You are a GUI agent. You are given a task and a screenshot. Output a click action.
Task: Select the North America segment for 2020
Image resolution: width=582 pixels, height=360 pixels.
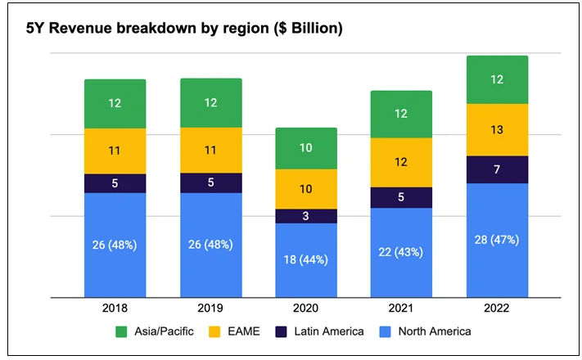coord(306,260)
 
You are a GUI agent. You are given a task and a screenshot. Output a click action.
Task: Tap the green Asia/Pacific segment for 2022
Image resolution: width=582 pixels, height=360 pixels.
coord(497,79)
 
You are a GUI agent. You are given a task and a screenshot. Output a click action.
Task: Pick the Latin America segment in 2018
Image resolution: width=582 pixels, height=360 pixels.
coord(115,183)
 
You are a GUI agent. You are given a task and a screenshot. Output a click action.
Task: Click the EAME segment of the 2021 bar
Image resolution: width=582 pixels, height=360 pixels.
coord(401,162)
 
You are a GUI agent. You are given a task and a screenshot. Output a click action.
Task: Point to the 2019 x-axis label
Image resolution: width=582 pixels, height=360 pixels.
coord(210,308)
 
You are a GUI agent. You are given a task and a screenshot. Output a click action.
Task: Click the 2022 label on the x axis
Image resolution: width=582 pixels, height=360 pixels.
coord(497,308)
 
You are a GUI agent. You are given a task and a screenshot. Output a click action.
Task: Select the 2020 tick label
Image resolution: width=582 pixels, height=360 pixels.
coord(306,308)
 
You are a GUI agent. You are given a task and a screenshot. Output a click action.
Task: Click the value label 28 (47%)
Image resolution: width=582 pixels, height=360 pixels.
coord(497,240)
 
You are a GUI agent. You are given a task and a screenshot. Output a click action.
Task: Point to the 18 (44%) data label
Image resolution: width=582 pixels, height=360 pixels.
coord(306,260)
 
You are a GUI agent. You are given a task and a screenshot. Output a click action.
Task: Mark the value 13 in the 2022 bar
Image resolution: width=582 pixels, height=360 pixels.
coord(497,129)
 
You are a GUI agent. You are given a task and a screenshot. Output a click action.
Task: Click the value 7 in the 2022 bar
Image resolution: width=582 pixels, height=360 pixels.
coord(497,169)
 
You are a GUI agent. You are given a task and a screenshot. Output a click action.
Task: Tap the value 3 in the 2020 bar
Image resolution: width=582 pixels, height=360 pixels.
coord(306,216)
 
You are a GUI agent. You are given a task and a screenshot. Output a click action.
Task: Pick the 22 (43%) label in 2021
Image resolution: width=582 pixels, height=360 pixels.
coord(401,253)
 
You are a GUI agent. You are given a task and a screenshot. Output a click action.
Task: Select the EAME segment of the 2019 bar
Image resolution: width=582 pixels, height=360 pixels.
coord(210,151)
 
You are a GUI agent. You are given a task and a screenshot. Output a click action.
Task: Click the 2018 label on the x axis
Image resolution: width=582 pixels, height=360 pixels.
coord(115,308)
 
